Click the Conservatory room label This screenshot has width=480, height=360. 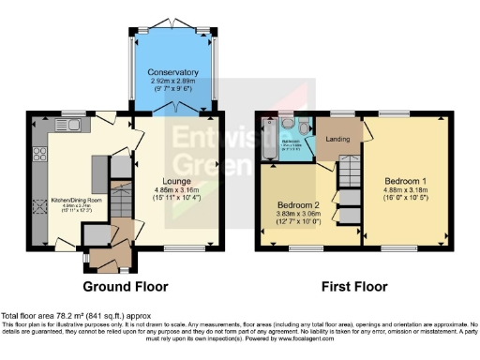[x=172, y=71]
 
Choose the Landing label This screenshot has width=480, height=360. [x=338, y=141]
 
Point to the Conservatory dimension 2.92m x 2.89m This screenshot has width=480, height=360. [x=172, y=80]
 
